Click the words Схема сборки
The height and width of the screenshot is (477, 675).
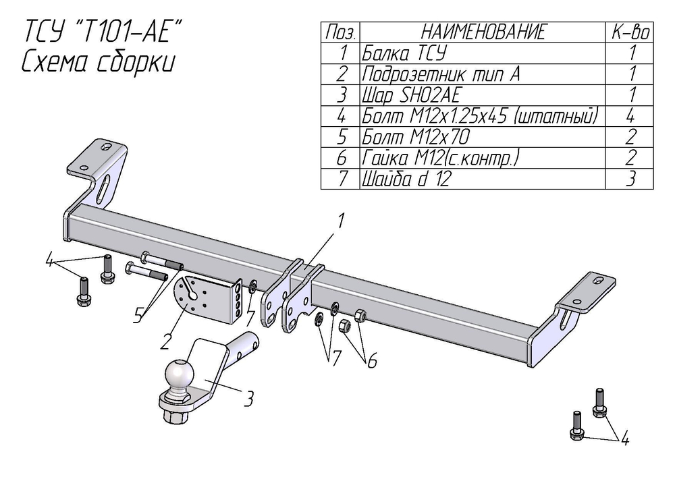click(99, 62)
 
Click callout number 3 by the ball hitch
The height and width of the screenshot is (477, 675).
click(248, 399)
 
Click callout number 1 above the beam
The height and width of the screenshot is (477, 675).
click(342, 220)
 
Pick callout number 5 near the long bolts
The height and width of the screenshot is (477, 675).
click(138, 315)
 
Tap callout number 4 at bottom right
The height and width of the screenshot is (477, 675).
click(625, 440)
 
